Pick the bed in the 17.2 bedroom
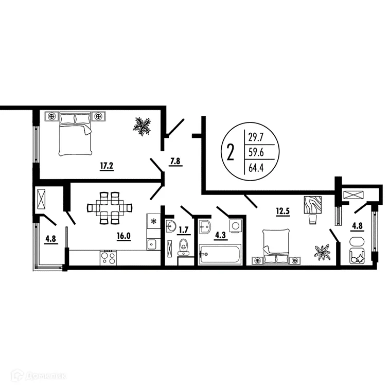(x=76, y=132)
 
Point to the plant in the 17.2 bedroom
(x=142, y=126)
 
